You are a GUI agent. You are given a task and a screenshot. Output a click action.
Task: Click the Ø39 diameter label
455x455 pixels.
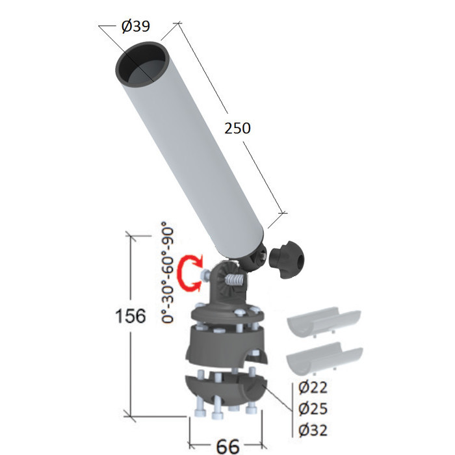[x=135, y=26]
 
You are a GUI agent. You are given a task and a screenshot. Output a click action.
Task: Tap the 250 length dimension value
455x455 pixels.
[x=237, y=128]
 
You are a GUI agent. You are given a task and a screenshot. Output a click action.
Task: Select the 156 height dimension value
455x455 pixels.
[x=130, y=315]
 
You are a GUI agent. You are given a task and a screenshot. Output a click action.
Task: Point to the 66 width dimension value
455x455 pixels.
[x=227, y=446]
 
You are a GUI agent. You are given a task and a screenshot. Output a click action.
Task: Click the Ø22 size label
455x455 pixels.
[x=313, y=387]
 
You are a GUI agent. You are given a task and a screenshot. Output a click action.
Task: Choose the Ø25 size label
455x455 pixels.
[x=313, y=408]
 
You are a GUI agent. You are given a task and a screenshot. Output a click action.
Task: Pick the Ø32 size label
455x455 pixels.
[x=313, y=430]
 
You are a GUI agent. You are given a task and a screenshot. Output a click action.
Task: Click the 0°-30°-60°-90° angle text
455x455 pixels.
[x=168, y=272]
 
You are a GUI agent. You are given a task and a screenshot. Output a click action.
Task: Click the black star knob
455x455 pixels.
[x=287, y=259]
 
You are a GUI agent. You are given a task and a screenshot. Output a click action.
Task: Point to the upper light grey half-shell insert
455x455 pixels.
[x=324, y=322]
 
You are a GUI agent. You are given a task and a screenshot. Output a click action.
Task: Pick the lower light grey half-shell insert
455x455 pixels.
[x=324, y=357]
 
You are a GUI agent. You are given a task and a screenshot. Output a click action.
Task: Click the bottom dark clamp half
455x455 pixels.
[x=226, y=389]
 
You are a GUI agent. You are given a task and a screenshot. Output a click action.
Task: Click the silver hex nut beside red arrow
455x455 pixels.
[x=204, y=274]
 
